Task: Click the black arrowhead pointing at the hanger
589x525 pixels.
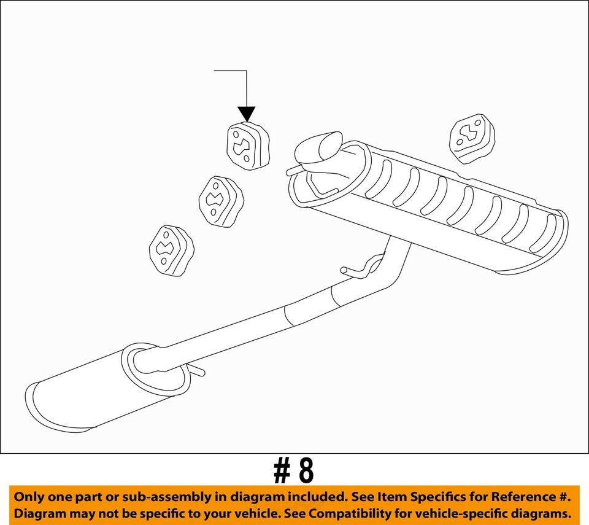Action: [x=247, y=114]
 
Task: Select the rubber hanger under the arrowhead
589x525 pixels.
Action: [x=248, y=146]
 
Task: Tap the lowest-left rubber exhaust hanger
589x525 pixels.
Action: [x=172, y=251]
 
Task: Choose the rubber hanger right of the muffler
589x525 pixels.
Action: [x=472, y=138]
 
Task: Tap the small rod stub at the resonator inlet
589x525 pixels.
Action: [x=195, y=370]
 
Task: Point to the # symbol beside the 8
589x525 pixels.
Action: [x=282, y=472]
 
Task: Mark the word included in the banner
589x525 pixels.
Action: [x=318, y=497]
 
